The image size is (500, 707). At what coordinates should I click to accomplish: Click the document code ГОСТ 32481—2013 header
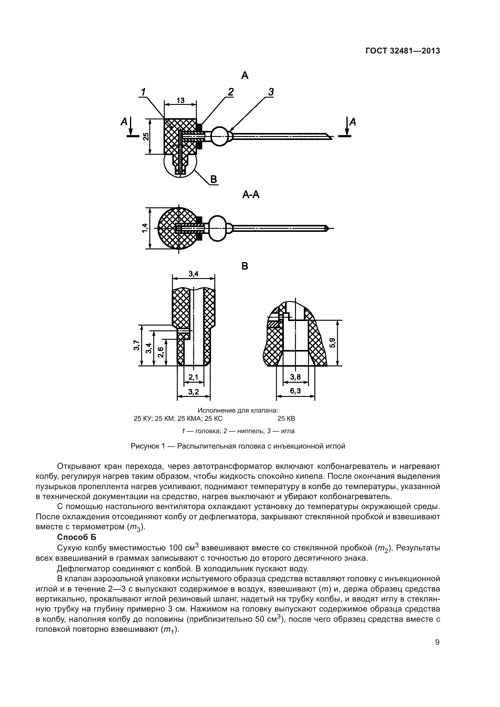(x=402, y=51)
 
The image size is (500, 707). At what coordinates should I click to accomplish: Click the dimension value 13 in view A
(x=180, y=100)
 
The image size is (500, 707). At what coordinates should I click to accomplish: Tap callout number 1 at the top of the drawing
(x=143, y=92)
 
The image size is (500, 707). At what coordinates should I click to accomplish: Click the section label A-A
(x=251, y=195)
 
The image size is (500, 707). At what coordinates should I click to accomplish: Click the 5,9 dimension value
(x=333, y=343)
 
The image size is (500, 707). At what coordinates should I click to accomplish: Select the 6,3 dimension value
(x=295, y=391)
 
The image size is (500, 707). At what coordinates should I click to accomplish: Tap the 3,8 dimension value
(x=295, y=377)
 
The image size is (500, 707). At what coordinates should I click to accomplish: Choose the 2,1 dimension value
(x=194, y=377)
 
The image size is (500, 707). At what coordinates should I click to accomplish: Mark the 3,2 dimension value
(x=194, y=391)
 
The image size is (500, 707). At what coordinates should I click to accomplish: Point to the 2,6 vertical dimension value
(x=161, y=352)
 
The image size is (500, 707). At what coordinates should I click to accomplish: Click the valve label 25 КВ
(x=286, y=418)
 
